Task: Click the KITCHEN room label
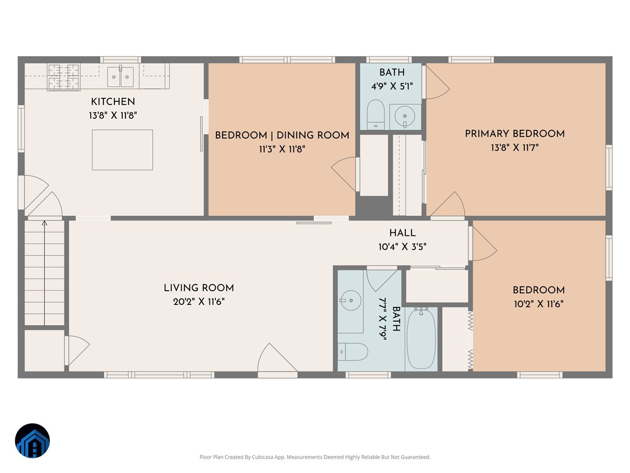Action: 113,101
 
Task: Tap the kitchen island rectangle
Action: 122,150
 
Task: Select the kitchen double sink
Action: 121,77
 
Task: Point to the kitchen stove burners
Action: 64,77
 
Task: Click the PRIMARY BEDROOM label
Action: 514,133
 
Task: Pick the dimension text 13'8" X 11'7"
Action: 514,148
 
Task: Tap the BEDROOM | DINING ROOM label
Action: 282,135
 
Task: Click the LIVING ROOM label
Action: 198,287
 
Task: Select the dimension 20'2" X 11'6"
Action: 198,302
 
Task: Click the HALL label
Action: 402,233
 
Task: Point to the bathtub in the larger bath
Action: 421,339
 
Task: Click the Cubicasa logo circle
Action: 33,441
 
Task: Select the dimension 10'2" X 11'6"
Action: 539,304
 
